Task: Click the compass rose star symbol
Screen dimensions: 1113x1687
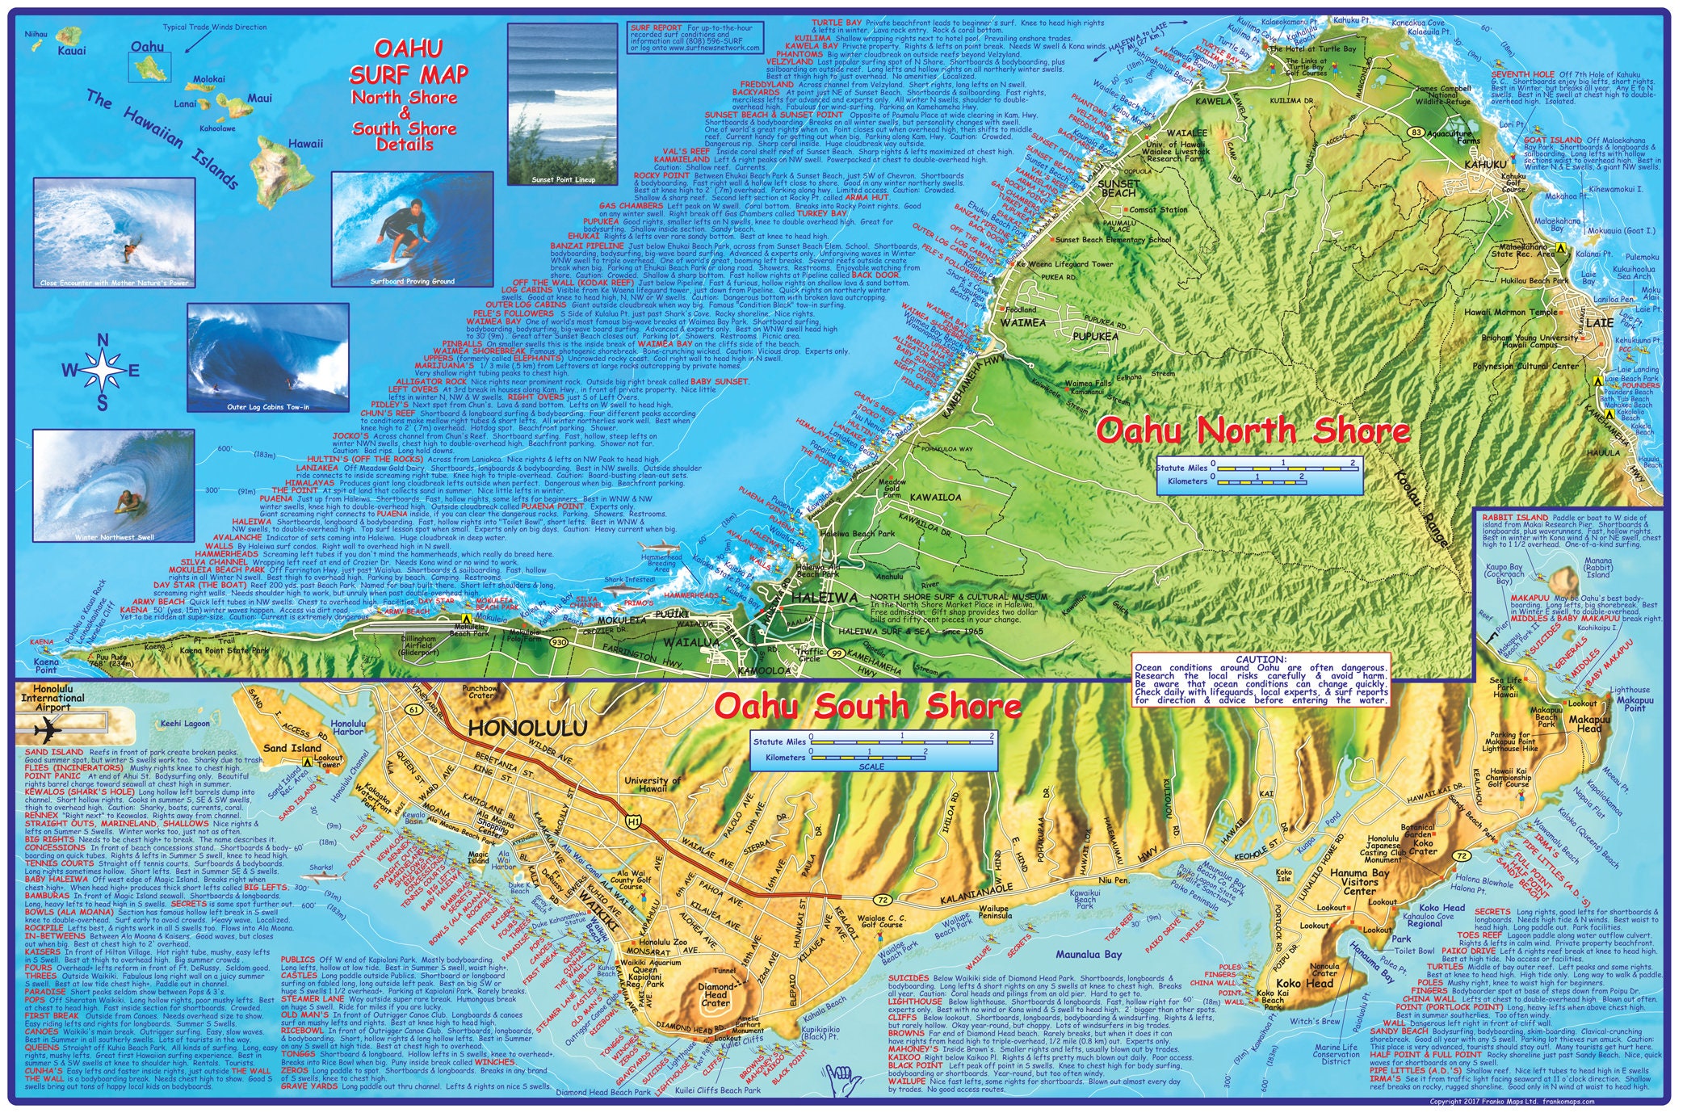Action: (x=103, y=371)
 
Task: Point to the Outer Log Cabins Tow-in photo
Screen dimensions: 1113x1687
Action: (x=267, y=358)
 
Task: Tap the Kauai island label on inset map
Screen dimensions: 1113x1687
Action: (x=72, y=51)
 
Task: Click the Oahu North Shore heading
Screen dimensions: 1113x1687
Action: (x=1252, y=431)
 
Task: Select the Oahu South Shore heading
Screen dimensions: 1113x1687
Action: (x=867, y=707)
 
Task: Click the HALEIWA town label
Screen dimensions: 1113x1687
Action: (x=824, y=598)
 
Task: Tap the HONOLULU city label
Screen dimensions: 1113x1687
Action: (x=527, y=729)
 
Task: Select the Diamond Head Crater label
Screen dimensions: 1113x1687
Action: (x=716, y=995)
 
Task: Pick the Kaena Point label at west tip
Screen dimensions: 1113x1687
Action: (x=46, y=666)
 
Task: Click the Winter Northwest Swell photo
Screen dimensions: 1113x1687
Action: (x=113, y=485)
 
